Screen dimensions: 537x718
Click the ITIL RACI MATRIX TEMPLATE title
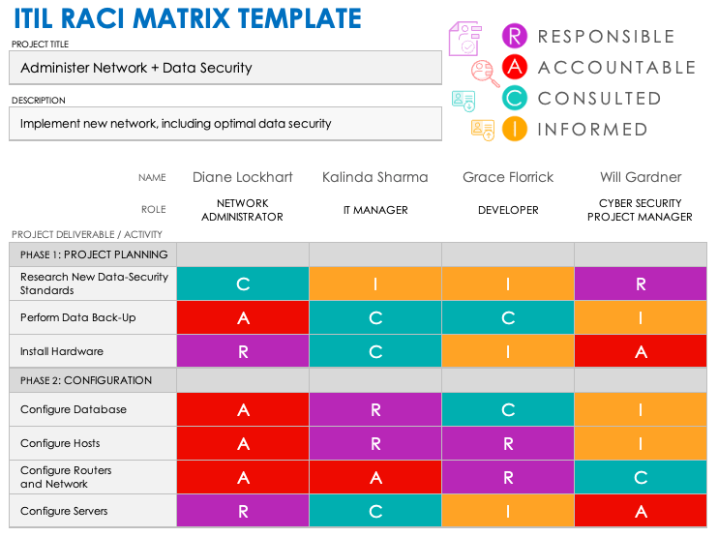click(186, 18)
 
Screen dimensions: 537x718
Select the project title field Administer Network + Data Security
click(224, 69)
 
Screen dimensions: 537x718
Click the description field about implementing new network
click(224, 124)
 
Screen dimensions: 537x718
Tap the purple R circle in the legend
click(515, 37)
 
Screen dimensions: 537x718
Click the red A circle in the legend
click(515, 68)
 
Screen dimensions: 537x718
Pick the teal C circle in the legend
click(515, 98)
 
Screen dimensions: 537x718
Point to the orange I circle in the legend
click(515, 129)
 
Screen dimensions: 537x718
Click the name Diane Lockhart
click(243, 177)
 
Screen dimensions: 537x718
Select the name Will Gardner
click(640, 177)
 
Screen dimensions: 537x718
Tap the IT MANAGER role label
click(375, 210)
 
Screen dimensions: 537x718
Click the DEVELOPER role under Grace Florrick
click(508, 210)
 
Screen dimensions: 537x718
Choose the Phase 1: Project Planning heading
click(94, 254)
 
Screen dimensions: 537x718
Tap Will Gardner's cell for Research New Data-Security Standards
click(641, 283)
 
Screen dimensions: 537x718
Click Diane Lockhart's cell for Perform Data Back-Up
click(243, 317)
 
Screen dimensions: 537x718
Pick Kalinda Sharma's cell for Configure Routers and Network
click(375, 477)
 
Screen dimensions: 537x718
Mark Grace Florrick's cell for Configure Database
click(508, 409)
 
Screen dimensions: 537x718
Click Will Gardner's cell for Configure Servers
click(641, 511)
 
